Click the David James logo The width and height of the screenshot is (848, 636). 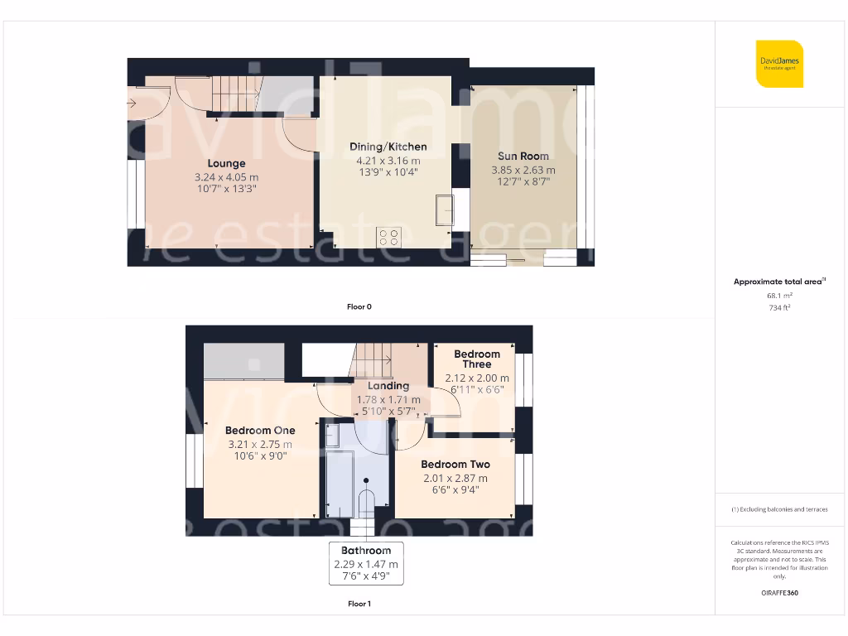pos(779,64)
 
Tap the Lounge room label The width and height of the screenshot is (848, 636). pos(226,164)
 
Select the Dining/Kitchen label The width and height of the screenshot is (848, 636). pos(388,147)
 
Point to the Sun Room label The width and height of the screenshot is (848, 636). pos(523,156)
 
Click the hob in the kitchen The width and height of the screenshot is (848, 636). pos(389,237)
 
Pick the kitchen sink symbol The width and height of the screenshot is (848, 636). pos(445,210)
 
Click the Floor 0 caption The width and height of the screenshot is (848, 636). pos(359,306)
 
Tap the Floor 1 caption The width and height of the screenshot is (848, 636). pos(359,604)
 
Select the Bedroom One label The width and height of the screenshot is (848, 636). pos(260,431)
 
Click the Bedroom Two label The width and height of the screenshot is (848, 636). pos(455,465)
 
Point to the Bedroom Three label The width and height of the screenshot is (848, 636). pos(477,359)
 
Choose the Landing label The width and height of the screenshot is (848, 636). pos(388,386)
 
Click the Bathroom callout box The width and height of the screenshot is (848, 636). pos(366,563)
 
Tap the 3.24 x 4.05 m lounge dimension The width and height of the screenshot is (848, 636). pos(226,177)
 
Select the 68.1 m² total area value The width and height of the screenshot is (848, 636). pos(779,295)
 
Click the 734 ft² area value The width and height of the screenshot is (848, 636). pos(779,307)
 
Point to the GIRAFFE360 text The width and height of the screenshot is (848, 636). pos(779,593)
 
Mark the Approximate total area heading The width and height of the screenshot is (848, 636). pos(779,282)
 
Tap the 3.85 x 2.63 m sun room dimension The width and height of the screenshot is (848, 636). pos(523,170)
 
